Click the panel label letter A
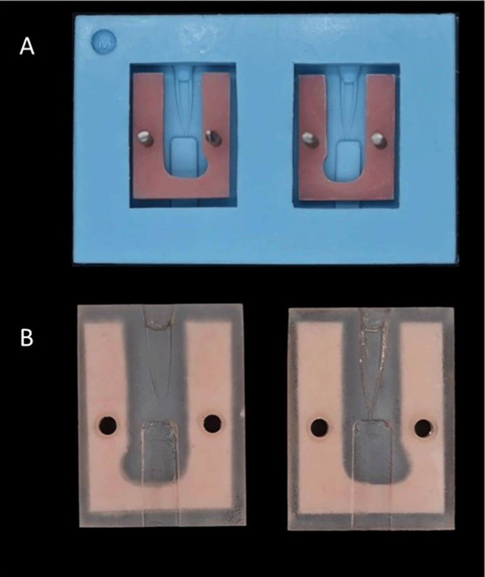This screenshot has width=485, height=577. (x=27, y=47)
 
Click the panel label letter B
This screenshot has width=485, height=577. (x=27, y=338)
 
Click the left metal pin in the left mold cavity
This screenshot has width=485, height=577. (x=145, y=139)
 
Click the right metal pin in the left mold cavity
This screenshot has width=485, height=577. (x=212, y=137)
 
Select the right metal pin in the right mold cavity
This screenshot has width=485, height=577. (x=378, y=139)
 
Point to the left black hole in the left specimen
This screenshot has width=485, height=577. (x=108, y=425)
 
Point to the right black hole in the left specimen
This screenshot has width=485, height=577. (x=212, y=424)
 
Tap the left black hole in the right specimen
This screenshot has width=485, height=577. (x=320, y=428)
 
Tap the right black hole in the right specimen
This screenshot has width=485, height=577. (x=423, y=427)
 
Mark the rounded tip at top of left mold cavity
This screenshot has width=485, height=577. (x=184, y=74)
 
